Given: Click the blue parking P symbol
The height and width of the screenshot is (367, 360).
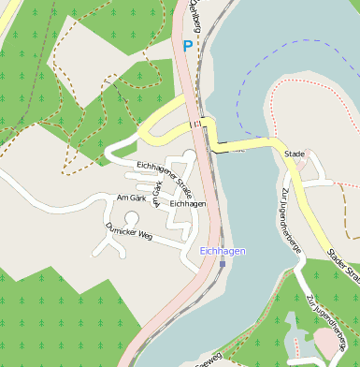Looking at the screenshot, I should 188,46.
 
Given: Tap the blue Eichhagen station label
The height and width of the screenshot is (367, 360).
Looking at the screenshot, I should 222,251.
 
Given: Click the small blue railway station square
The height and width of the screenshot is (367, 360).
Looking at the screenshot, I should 223,263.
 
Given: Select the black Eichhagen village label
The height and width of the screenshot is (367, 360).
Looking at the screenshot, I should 188,203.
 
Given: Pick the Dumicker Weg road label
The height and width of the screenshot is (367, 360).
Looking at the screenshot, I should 129,230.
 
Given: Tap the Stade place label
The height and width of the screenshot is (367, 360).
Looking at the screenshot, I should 295,153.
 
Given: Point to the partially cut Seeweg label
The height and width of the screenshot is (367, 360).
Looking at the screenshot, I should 208,359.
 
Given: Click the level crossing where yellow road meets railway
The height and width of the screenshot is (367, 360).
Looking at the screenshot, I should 198,124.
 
